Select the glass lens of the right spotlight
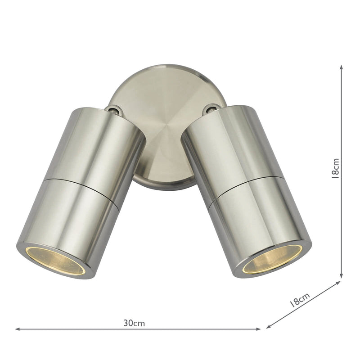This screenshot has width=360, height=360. [273, 259]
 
